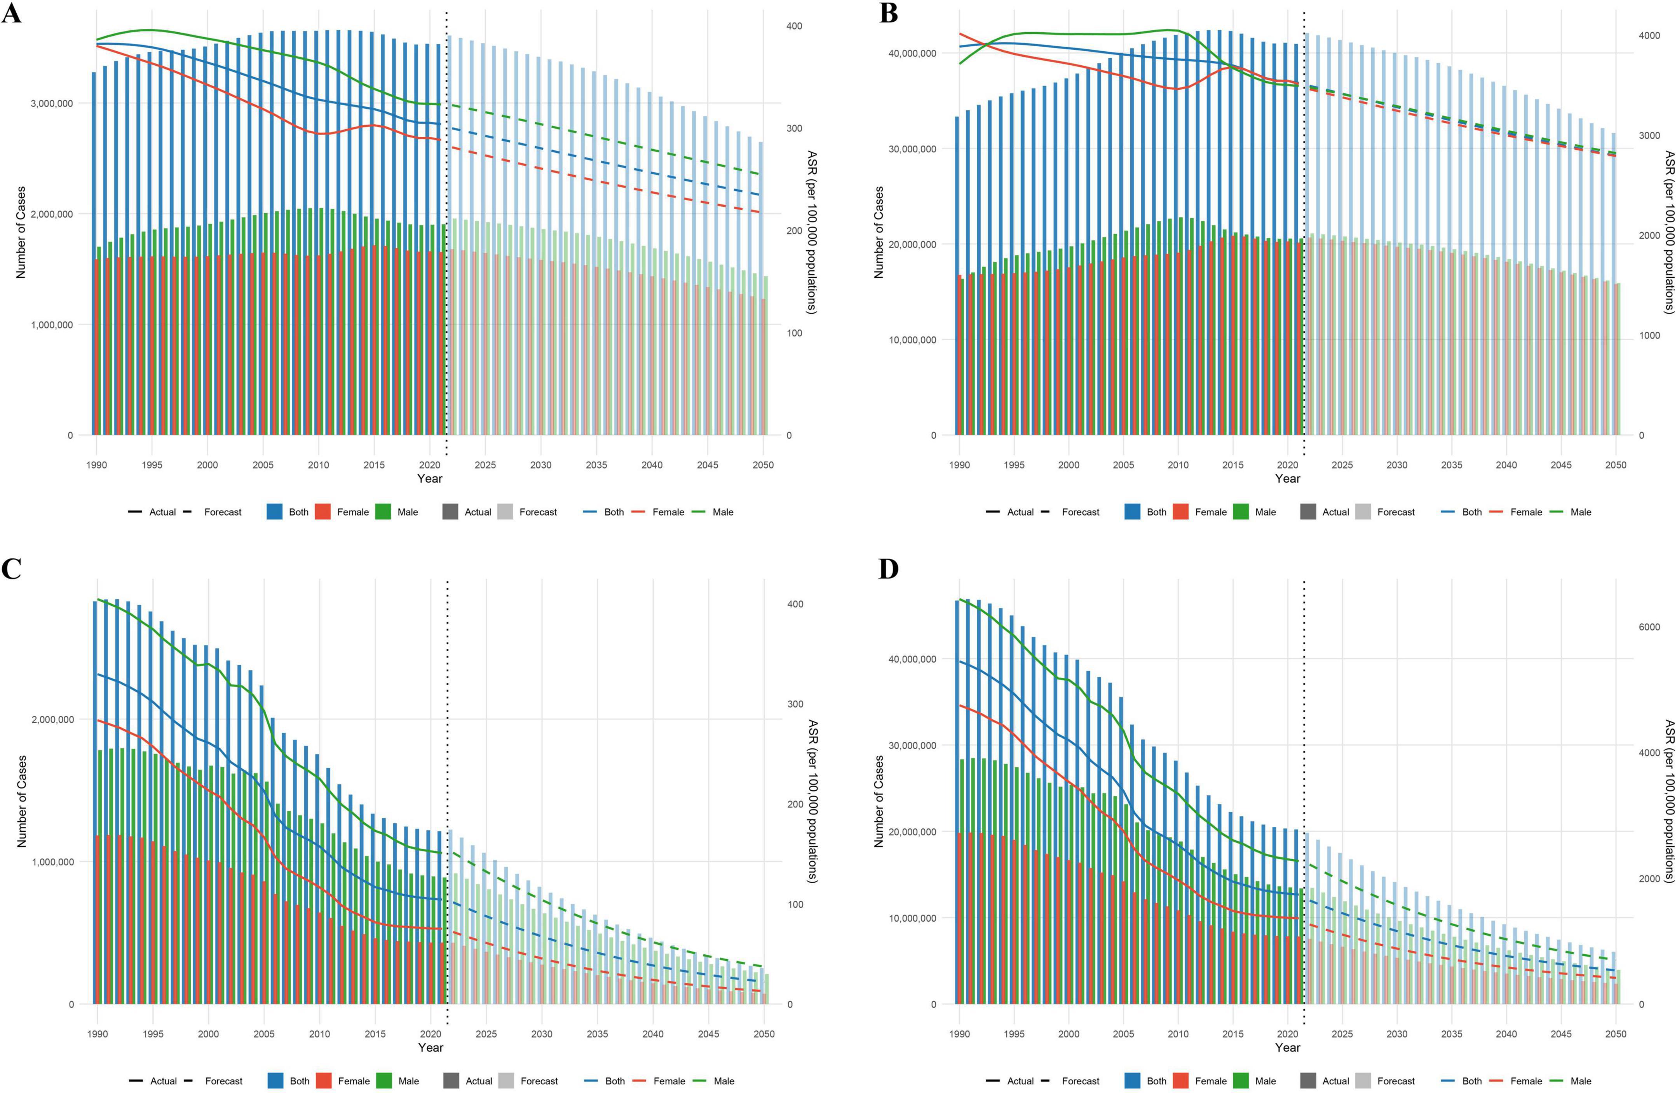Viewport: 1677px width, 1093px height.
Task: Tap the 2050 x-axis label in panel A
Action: [x=762, y=465]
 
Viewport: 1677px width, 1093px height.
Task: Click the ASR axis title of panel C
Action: [x=812, y=801]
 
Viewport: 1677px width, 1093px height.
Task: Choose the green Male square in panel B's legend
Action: [x=1240, y=513]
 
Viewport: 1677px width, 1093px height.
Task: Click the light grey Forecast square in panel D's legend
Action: [x=1363, y=1081]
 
